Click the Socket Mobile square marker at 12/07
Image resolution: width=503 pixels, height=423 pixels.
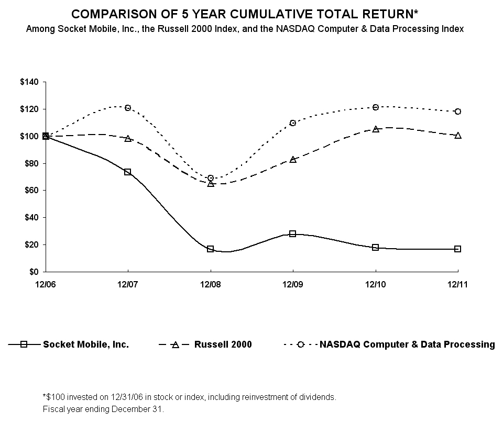click(128, 172)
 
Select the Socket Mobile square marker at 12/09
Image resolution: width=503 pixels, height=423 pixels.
click(293, 233)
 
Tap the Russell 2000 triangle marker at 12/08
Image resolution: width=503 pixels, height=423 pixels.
click(211, 184)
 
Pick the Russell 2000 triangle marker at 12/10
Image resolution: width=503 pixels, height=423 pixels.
click(376, 129)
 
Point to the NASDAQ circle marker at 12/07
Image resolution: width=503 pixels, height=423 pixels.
click(128, 108)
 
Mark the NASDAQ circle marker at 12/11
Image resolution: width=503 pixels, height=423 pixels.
click(458, 112)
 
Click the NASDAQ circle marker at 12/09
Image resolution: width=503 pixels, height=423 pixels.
click(293, 123)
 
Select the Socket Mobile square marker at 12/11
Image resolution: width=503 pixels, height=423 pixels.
click(458, 249)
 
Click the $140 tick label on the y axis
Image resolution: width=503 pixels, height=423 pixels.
click(29, 82)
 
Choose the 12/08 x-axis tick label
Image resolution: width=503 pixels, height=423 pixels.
click(211, 284)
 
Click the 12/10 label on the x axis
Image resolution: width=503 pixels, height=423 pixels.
click(376, 284)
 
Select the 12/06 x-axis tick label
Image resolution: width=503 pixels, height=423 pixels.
click(46, 284)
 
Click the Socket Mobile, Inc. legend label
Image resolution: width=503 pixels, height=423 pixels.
click(86, 344)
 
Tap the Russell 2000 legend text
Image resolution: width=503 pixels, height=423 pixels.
click(223, 344)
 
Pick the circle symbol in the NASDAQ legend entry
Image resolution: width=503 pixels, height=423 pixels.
click(301, 344)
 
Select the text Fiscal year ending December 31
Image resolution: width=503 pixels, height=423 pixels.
click(103, 408)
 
